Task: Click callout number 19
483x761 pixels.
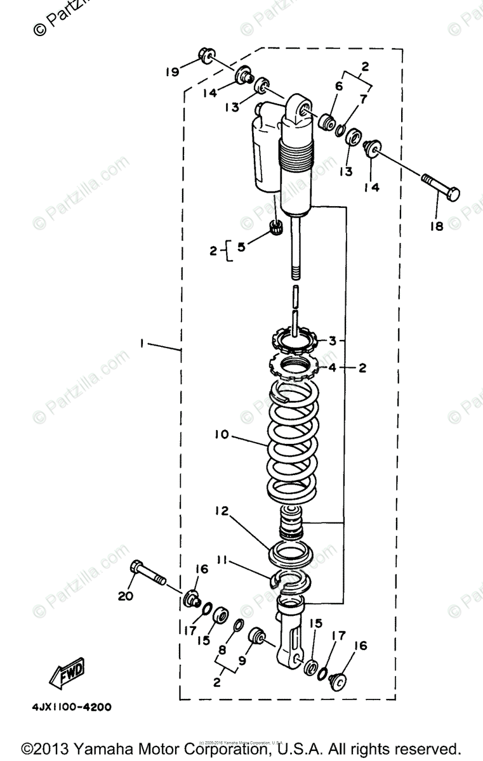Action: click(x=173, y=72)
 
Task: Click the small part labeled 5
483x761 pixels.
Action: click(x=275, y=226)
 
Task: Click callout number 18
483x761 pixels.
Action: click(x=435, y=226)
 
